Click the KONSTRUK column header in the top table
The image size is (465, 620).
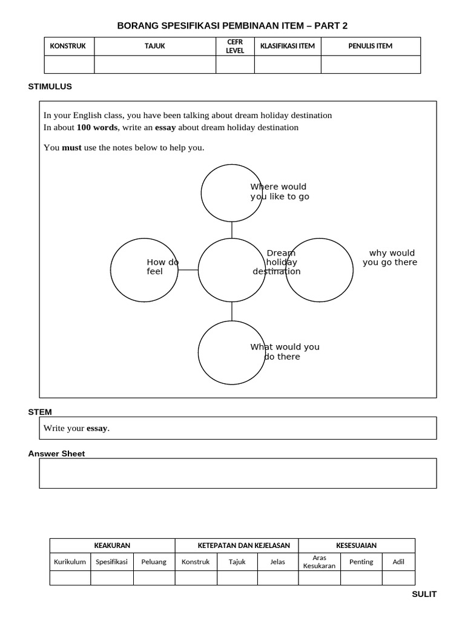(68, 46)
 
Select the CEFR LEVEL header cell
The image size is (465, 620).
(235, 46)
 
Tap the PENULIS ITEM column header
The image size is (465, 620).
(371, 46)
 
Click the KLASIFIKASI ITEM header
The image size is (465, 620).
(288, 46)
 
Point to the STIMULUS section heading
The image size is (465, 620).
(50, 87)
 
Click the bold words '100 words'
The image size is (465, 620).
(97, 128)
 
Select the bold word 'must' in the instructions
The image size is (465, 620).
(71, 148)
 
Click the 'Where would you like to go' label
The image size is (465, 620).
(279, 191)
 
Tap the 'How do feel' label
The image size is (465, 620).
(162, 267)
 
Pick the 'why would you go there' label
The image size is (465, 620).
(391, 257)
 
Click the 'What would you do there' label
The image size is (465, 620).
(285, 352)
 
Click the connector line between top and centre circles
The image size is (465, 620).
(232, 230)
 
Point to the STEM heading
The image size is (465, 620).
(40, 412)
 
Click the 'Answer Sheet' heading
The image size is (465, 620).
(56, 453)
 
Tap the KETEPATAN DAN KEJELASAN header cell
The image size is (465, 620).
(236, 546)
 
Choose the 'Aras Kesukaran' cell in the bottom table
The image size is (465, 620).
(319, 562)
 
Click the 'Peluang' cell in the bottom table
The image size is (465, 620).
(154, 562)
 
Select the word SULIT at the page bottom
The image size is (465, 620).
(424, 595)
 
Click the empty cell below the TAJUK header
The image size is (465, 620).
(155, 64)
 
